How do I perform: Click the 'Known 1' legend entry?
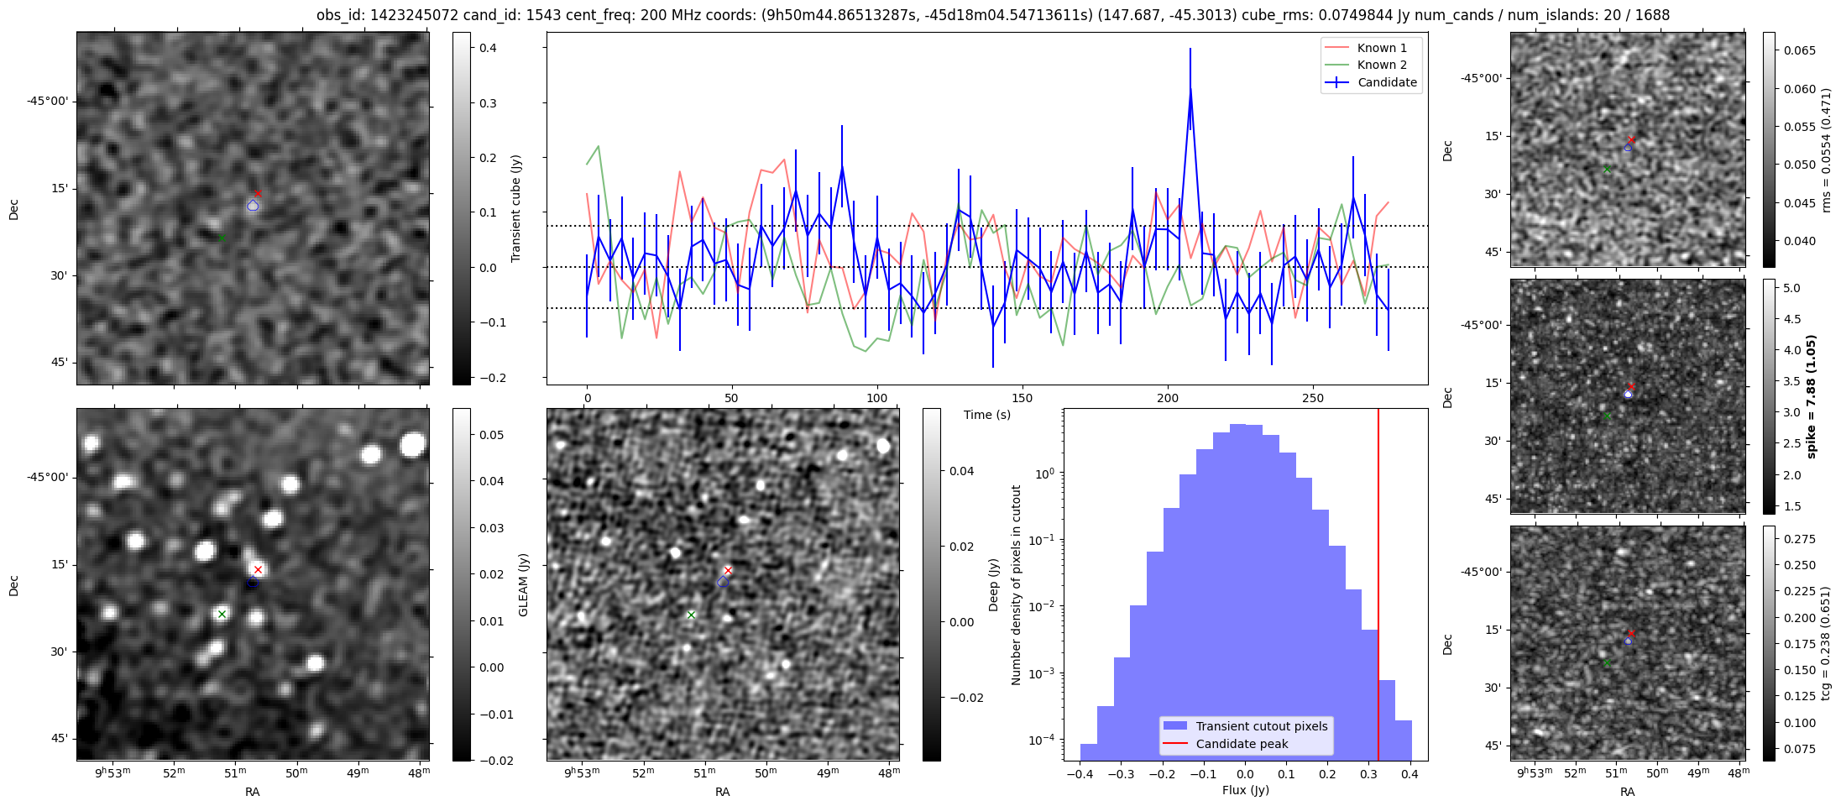point(1381,48)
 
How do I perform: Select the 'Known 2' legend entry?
point(1381,65)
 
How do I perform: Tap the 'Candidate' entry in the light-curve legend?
point(1387,82)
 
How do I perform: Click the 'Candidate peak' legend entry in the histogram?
point(1242,744)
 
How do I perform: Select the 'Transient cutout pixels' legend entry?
point(1262,726)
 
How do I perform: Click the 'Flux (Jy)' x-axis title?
point(1246,790)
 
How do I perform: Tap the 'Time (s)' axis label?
point(987,415)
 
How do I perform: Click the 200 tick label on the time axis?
point(1168,398)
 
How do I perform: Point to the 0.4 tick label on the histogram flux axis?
point(1410,774)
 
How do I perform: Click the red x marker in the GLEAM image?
point(258,569)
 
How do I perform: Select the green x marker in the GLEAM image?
point(222,615)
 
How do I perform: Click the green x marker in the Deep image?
point(691,615)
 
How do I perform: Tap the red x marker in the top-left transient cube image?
point(258,194)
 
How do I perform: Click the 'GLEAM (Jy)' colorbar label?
point(524,584)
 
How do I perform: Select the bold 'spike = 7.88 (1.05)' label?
point(1811,396)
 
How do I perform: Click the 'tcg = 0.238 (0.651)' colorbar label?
point(1826,643)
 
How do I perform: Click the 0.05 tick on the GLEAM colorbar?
point(492,435)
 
